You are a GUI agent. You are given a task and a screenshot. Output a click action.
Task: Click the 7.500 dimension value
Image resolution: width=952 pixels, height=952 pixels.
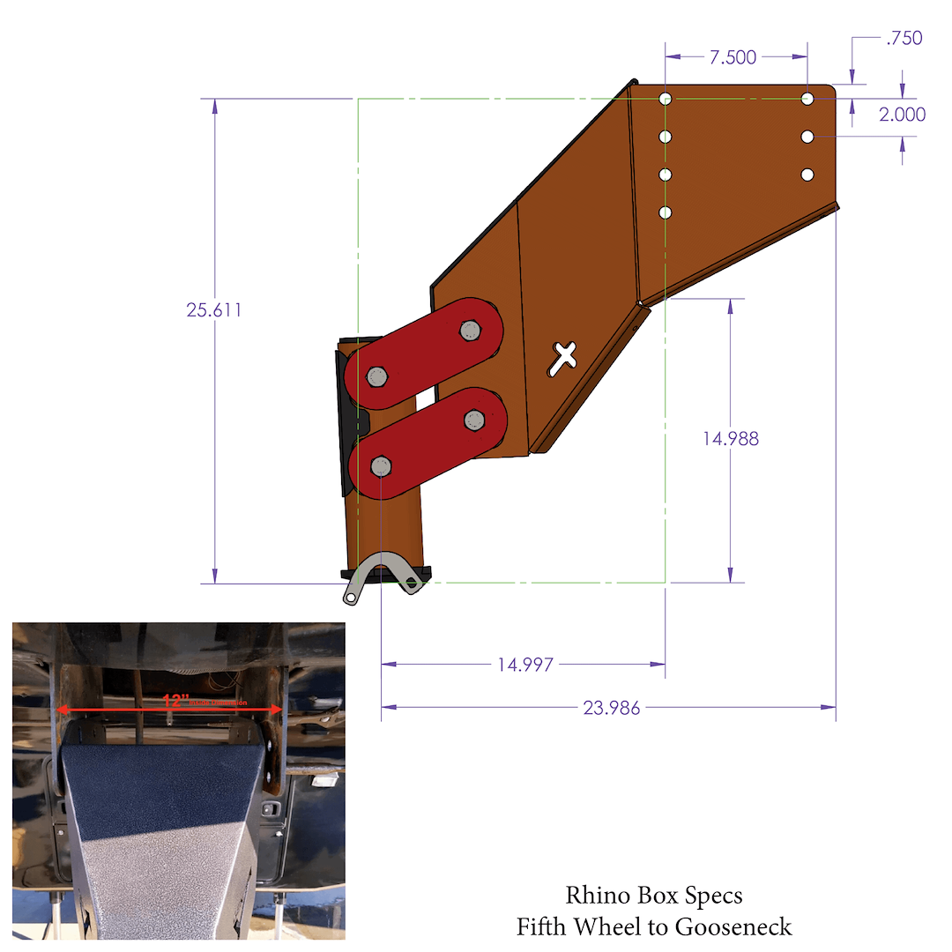tap(733, 57)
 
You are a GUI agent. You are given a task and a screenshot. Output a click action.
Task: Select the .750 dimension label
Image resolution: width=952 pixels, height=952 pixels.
tap(903, 38)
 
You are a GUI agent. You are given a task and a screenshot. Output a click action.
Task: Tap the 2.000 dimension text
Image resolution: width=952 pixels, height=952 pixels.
tap(903, 114)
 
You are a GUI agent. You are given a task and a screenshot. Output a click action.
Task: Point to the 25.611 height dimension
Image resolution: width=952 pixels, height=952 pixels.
tap(213, 310)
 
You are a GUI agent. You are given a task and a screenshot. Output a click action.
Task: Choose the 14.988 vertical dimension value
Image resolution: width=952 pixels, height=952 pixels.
tap(730, 438)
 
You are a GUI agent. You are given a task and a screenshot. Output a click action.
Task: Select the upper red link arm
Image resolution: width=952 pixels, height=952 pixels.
tap(424, 353)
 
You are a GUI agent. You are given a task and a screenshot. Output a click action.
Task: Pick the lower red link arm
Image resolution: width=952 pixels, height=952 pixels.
tap(427, 443)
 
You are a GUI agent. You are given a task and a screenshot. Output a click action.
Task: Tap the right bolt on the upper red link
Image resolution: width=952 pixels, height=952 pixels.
tap(469, 330)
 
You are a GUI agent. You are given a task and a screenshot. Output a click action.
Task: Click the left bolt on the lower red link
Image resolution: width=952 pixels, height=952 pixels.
tap(381, 465)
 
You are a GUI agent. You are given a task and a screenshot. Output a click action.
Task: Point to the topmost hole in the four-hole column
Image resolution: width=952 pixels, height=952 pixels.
tap(666, 99)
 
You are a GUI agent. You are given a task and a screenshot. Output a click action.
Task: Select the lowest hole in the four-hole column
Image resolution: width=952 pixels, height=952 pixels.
tap(666, 212)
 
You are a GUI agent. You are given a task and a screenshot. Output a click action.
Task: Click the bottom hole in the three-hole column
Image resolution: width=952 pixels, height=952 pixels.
tap(807, 175)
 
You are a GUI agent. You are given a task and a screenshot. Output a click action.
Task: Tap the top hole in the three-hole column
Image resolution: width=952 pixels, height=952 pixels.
tap(807, 99)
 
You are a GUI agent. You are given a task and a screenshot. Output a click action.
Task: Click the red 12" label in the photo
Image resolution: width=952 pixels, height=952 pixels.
tap(176, 701)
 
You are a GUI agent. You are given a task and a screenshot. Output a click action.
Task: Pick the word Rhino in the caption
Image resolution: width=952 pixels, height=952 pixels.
tap(597, 896)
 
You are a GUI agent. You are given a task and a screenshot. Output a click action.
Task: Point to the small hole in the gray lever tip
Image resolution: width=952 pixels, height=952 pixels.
tap(352, 598)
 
